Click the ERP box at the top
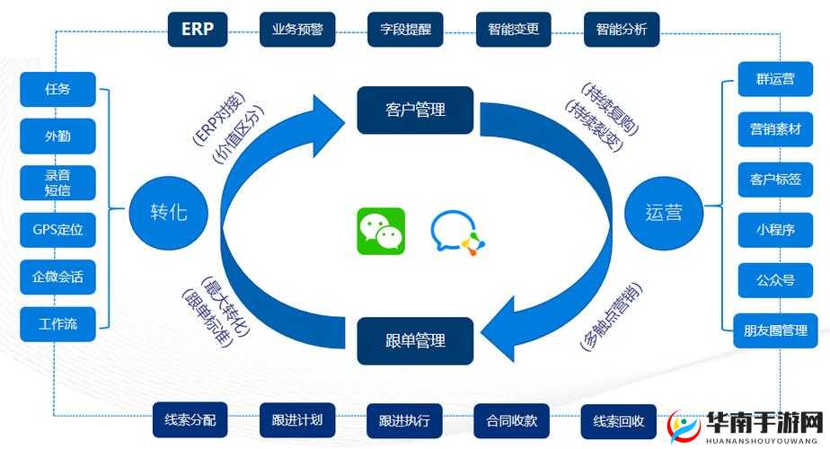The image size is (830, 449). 198,29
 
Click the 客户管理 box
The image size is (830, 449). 415,110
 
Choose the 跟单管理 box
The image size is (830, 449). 415,340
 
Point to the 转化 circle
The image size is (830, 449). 170,213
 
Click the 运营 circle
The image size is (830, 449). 664,213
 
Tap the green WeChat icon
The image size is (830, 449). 381,231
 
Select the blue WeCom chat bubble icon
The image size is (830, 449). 456,232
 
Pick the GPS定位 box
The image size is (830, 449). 57,229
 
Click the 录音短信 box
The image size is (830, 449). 57,182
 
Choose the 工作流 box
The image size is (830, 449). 57,323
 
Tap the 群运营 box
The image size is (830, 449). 775,79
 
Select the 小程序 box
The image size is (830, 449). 775,229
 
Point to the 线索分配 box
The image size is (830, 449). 190,419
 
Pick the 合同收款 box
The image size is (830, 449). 511,419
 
